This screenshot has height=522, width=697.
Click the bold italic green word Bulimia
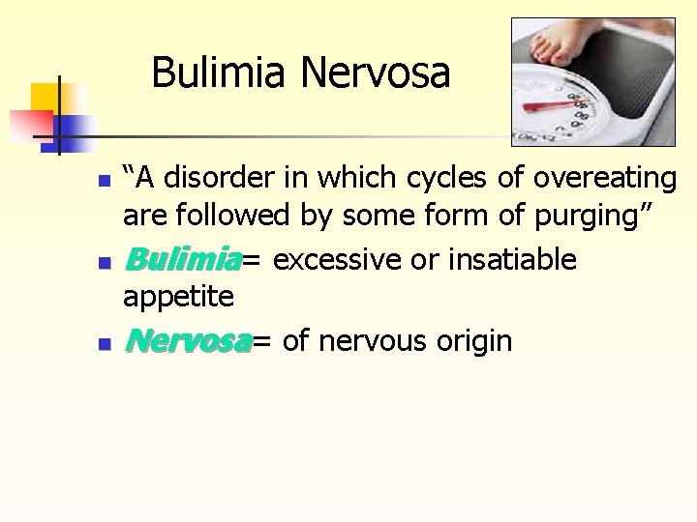(x=182, y=259)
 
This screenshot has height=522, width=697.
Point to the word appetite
(x=178, y=296)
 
